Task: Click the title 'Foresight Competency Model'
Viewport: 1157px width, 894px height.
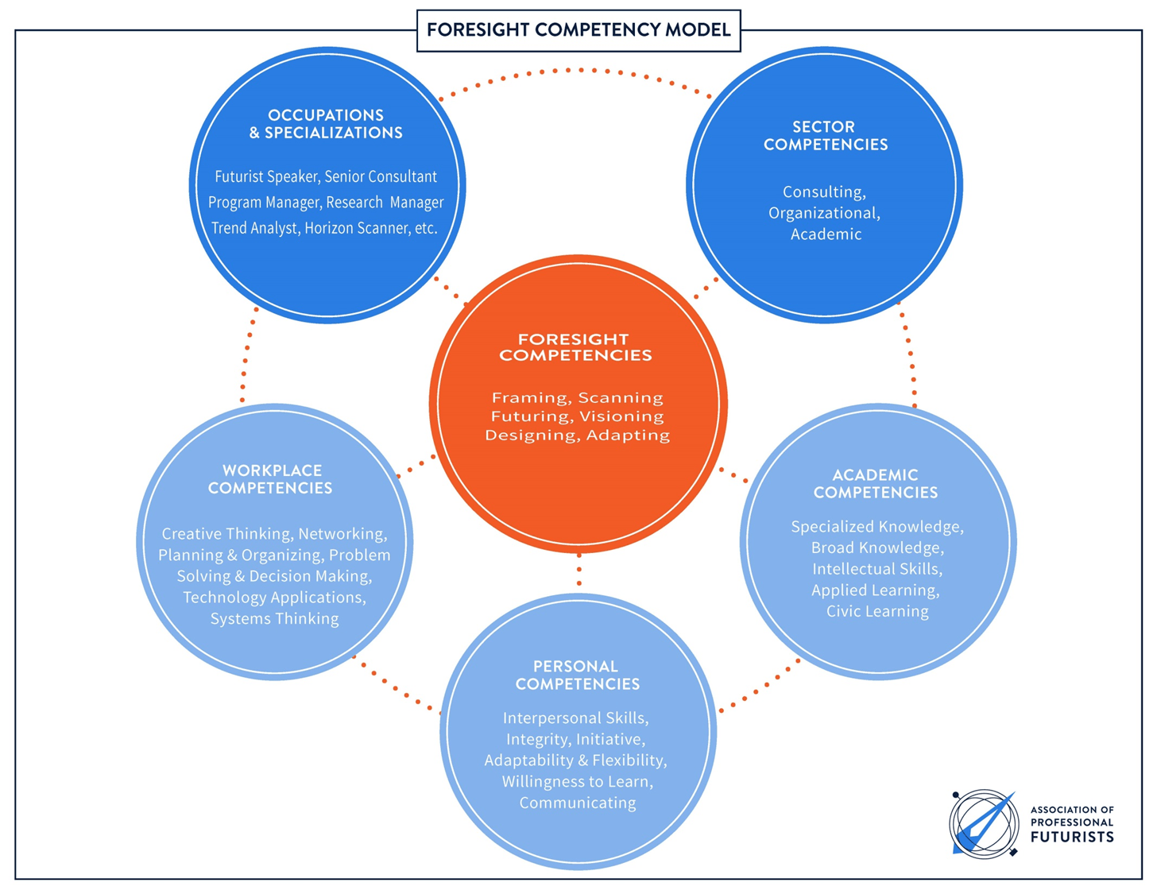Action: (x=578, y=30)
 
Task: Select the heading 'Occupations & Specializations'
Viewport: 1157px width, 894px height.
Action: (x=326, y=124)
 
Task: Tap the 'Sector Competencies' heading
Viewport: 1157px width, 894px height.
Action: (x=825, y=136)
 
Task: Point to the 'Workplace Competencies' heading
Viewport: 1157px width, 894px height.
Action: (x=271, y=479)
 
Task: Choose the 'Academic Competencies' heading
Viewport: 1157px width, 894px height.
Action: (x=875, y=484)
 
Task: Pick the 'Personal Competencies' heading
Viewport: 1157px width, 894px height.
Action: (x=577, y=675)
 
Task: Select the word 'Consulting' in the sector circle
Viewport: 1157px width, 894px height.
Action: (x=822, y=192)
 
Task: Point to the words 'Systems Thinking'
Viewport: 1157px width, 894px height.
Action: (x=274, y=618)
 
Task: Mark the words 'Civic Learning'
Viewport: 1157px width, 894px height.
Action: (x=876, y=611)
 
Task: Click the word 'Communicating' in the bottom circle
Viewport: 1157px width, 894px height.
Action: (x=577, y=803)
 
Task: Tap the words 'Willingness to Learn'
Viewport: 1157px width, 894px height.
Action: (x=576, y=781)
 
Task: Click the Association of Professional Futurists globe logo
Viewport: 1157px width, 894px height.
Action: (x=984, y=824)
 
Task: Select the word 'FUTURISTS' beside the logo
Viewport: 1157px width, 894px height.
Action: (x=1071, y=838)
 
